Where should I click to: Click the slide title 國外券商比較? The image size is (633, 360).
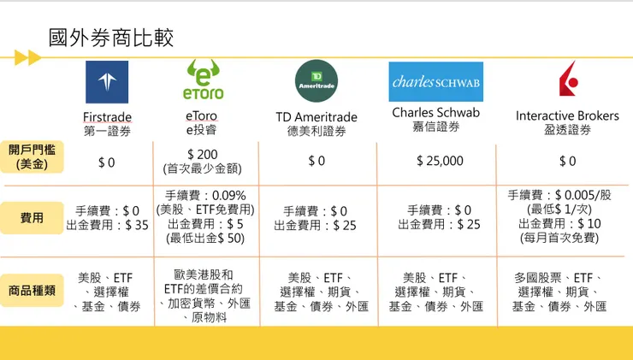(x=111, y=38)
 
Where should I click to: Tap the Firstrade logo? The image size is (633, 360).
(x=107, y=82)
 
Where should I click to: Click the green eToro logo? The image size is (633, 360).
(x=203, y=80)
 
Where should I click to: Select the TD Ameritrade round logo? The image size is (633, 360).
(x=316, y=82)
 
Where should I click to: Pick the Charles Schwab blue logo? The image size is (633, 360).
(x=435, y=82)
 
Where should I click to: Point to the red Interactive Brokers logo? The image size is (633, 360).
(x=567, y=82)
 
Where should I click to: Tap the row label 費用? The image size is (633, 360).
(x=33, y=218)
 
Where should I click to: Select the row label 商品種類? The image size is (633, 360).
(x=33, y=290)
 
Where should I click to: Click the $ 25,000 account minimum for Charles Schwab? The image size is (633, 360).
(x=440, y=161)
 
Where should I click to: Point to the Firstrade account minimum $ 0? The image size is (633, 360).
(x=106, y=161)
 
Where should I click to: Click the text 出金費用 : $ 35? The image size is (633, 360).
(x=107, y=226)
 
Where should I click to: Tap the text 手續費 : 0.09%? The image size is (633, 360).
(x=205, y=195)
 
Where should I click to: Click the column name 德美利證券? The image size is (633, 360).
(x=316, y=132)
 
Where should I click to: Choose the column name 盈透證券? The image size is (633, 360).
(x=567, y=130)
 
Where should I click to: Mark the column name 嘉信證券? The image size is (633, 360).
(x=435, y=127)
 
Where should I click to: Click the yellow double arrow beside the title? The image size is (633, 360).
(x=28, y=58)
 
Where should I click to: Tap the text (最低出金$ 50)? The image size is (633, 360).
(x=205, y=239)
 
